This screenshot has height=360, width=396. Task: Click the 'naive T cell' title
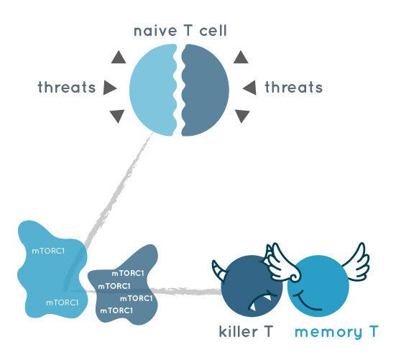tap(180, 31)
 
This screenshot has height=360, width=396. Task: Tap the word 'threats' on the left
tap(67, 87)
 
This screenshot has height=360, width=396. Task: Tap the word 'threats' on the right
tap(294, 88)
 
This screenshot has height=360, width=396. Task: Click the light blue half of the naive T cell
tap(154, 90)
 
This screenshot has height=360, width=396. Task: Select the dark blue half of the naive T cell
tap(205, 90)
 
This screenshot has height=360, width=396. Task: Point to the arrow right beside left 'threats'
tap(110, 88)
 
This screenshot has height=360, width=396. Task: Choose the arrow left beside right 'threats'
tap(249, 88)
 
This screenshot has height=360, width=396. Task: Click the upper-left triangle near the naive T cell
tap(119, 57)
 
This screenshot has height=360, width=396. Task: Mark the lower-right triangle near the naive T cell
tap(242, 116)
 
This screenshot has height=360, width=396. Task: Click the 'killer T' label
tap(246, 331)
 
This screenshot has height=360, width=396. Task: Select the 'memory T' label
tap(336, 332)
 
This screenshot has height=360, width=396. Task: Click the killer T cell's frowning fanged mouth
tap(261, 301)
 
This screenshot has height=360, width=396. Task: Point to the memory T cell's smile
tap(307, 302)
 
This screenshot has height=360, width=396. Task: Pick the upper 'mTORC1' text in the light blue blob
tap(48, 251)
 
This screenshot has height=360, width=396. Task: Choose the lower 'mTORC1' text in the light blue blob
tap(62, 303)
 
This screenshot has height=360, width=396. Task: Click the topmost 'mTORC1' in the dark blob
tap(128, 273)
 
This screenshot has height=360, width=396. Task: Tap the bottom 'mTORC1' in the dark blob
tap(116, 310)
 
